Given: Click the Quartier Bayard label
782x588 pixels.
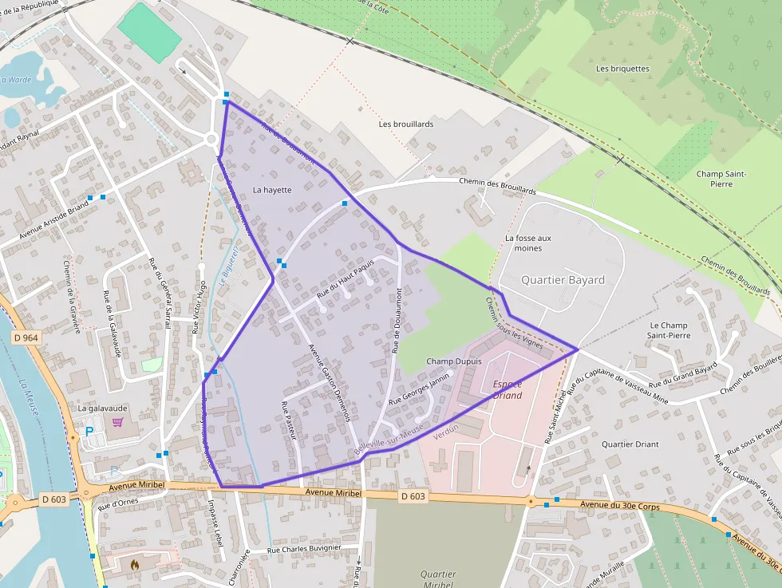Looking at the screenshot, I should coord(563,280).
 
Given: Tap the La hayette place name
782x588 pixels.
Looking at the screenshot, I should coord(272,190).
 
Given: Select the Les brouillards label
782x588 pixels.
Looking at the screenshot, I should coord(406,124).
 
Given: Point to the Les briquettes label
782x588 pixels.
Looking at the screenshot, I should coord(622,69).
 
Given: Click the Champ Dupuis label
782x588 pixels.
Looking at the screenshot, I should coord(454,361).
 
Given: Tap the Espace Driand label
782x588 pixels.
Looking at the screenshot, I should coord(508,389).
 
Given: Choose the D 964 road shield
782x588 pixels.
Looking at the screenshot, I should coord(26,338).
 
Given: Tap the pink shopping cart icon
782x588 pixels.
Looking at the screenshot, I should coord(118,422).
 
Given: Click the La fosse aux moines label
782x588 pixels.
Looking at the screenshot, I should coord(528,243).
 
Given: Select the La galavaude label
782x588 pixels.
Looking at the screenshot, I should coord(102,408).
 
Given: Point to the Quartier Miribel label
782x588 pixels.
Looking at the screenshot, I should coord(438,579).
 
